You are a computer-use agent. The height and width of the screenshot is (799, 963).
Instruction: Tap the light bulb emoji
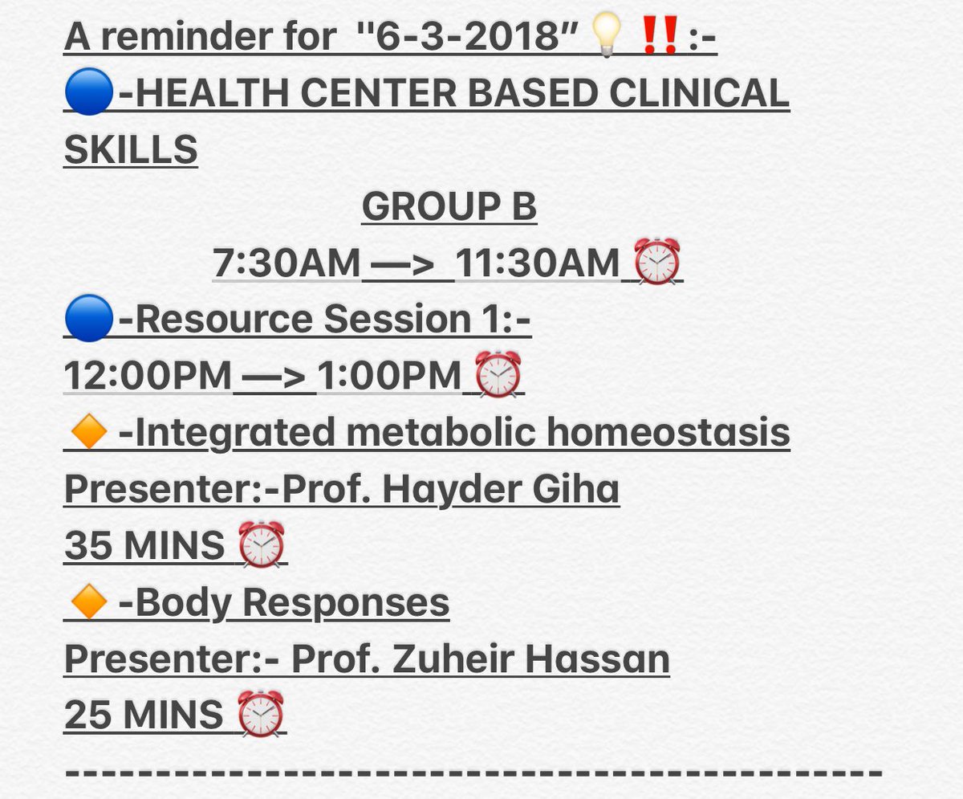pos(607,38)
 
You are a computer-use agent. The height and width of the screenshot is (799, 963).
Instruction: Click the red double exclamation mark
pos(659,37)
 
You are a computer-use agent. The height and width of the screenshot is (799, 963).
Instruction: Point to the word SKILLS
pos(130,150)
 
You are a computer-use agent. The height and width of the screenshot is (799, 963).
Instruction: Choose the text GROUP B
pos(449,207)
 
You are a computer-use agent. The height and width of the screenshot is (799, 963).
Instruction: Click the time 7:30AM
pos(286,263)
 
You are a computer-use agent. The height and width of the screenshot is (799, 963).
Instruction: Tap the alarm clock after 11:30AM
pos(657,263)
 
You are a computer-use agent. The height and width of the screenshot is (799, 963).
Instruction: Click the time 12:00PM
pos(148,376)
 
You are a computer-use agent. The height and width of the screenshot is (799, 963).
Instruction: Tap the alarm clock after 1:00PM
pos(498,376)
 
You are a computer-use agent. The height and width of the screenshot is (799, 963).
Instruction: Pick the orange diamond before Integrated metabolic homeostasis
pos(88,434)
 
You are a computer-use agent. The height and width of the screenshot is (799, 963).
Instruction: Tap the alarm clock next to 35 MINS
pos(262,544)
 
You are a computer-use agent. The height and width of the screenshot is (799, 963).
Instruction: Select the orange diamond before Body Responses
pos(88,603)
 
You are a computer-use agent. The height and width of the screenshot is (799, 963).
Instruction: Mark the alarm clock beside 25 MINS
pos(262,715)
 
